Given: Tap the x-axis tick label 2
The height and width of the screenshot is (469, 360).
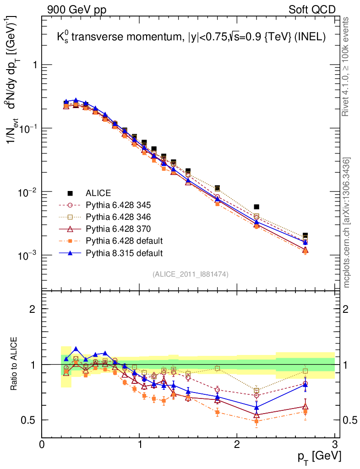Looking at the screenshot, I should pyautogui.click(x=237, y=444).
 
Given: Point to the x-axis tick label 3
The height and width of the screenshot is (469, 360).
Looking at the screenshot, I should pyautogui.click(x=334, y=444).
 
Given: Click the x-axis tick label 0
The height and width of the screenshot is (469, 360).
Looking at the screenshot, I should pyautogui.click(x=42, y=444).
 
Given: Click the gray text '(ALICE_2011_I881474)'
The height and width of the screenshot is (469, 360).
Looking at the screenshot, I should pyautogui.click(x=191, y=274).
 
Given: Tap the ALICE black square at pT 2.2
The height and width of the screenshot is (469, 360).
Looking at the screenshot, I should pyautogui.click(x=256, y=207).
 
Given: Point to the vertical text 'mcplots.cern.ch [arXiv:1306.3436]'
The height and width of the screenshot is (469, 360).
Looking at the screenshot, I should pyautogui.click(x=347, y=223).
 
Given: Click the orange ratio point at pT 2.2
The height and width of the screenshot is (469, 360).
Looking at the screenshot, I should pyautogui.click(x=256, y=421).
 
